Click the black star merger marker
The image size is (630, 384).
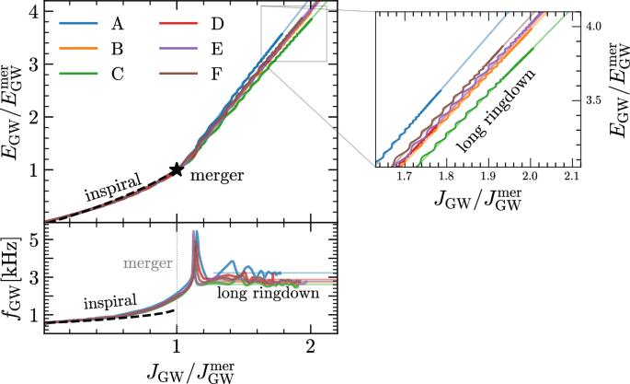tap(177, 169)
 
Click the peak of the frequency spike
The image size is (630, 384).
tap(194, 232)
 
